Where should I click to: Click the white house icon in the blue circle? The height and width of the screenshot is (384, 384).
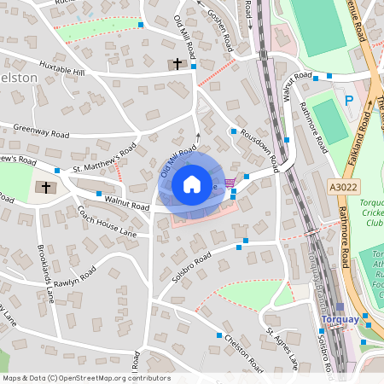pyautogui.click(x=192, y=184)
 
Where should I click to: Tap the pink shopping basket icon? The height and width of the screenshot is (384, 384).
pyautogui.click(x=229, y=183)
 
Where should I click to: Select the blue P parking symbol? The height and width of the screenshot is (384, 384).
pyautogui.click(x=348, y=101)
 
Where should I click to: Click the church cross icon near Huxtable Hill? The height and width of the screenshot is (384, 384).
pyautogui.click(x=177, y=64)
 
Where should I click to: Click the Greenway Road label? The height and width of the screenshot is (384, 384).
pyautogui.click(x=41, y=133)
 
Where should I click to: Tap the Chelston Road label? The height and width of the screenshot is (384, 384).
pyautogui.click(x=243, y=353)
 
